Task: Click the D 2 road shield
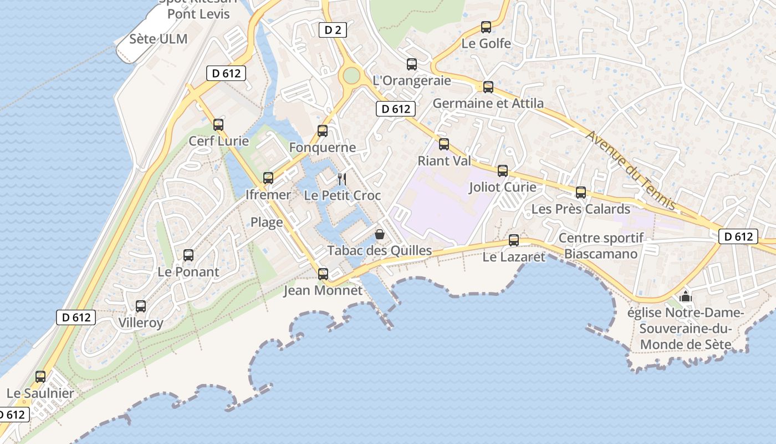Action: tap(333, 30)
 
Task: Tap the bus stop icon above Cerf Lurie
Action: tap(218, 124)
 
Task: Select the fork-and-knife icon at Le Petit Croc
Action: tap(342, 179)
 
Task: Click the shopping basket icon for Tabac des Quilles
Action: tap(380, 234)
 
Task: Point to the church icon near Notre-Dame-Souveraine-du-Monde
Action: tap(686, 296)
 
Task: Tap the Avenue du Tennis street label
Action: tap(631, 171)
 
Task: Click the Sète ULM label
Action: tap(158, 39)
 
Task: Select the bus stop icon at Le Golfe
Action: tap(486, 27)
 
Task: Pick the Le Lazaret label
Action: tap(514, 257)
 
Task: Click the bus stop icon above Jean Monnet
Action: tap(323, 274)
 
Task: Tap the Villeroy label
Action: tap(141, 323)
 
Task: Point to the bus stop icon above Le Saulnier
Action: tap(40, 376)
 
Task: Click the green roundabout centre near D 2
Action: tap(351, 75)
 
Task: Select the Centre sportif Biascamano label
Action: tap(601, 246)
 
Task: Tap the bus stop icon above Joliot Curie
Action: tap(503, 170)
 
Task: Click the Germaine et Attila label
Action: tap(488, 103)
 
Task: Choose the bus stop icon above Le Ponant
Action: tap(188, 255)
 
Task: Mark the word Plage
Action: tap(267, 223)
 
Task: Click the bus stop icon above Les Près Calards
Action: tap(580, 193)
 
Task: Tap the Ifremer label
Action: tap(268, 195)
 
